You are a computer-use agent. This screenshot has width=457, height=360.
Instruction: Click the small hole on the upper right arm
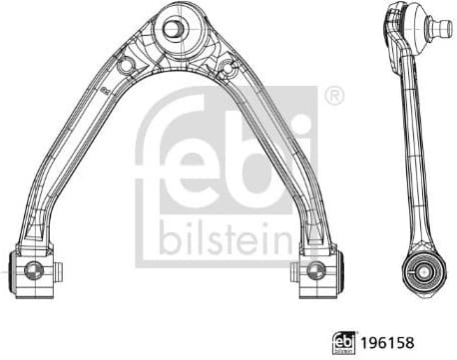click(x=231, y=68)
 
